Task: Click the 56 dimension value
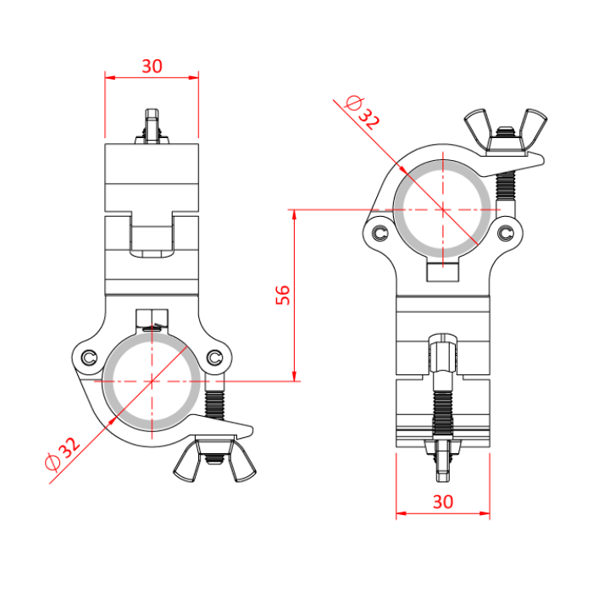(x=283, y=295)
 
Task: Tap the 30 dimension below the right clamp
(x=442, y=502)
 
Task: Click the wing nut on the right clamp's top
(x=505, y=132)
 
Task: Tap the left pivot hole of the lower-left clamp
(x=87, y=357)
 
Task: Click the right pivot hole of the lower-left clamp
(x=214, y=357)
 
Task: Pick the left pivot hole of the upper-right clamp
(x=378, y=232)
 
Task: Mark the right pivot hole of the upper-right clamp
(x=506, y=232)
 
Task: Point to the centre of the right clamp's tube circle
(x=442, y=208)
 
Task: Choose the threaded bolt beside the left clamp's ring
(x=215, y=398)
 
